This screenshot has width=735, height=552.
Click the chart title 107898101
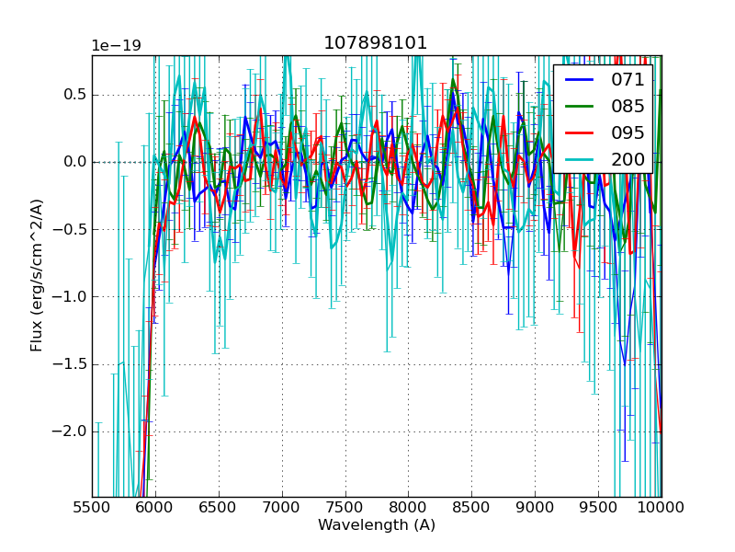pyautogui.click(x=376, y=43)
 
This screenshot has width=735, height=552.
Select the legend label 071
pyautogui.click(x=628, y=79)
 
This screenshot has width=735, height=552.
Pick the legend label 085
pyautogui.click(x=628, y=106)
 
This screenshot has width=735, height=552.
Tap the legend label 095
pyautogui.click(x=628, y=132)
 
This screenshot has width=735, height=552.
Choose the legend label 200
pyautogui.click(x=628, y=159)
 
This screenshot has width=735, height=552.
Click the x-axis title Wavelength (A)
pyautogui.click(x=377, y=525)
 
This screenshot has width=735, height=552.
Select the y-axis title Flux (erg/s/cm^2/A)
pyautogui.click(x=37, y=275)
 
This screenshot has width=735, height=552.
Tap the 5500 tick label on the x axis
pyautogui.click(x=92, y=508)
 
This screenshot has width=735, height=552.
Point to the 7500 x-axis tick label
pyautogui.click(x=345, y=508)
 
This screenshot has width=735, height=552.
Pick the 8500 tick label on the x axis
pyautogui.click(x=471, y=508)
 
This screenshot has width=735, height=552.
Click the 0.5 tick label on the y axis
pyautogui.click(x=74, y=95)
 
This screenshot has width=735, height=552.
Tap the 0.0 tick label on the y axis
pyautogui.click(x=74, y=162)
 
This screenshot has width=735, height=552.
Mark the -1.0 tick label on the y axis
pyautogui.click(x=71, y=296)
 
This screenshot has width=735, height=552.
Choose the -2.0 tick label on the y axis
pyautogui.click(x=71, y=431)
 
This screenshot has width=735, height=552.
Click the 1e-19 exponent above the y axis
pyautogui.click(x=116, y=46)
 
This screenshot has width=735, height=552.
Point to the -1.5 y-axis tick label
pyautogui.click(x=71, y=363)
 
